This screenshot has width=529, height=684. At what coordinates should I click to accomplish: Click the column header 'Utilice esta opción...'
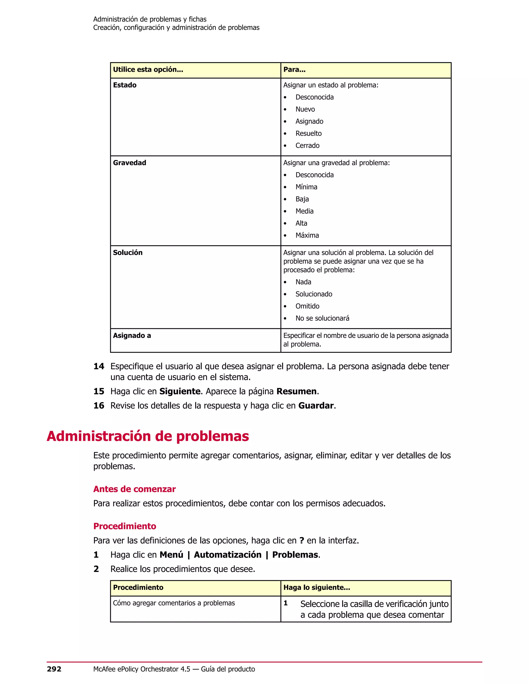tap(148, 69)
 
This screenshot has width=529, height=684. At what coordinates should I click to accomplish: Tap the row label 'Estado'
tap(125, 85)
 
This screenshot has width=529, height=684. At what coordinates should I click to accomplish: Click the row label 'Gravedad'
tap(129, 163)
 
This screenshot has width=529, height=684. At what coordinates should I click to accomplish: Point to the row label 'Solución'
tap(128, 253)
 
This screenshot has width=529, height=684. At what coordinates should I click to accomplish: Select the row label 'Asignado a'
tap(132, 336)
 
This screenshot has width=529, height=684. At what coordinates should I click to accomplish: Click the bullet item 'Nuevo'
tap(305, 109)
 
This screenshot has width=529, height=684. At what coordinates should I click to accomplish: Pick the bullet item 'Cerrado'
tap(307, 146)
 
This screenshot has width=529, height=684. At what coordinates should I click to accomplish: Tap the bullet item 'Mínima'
tap(306, 187)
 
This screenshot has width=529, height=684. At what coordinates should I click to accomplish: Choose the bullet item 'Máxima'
tap(307, 235)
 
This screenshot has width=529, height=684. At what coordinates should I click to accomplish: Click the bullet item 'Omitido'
tap(307, 306)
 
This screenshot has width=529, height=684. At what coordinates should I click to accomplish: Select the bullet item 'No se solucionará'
tap(322, 319)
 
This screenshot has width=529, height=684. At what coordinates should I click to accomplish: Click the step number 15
tap(99, 392)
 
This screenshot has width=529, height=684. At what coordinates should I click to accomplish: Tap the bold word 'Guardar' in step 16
tap(316, 406)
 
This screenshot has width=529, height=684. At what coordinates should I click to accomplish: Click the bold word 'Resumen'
tap(297, 392)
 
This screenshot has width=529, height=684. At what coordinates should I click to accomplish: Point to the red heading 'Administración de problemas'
tap(147, 436)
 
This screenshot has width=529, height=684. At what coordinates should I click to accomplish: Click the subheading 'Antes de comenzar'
tap(134, 489)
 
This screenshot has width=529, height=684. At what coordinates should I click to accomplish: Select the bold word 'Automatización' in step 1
tap(228, 555)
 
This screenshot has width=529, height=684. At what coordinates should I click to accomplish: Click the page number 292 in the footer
tap(54, 669)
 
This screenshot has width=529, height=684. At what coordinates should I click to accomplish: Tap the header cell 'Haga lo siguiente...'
tap(316, 587)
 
